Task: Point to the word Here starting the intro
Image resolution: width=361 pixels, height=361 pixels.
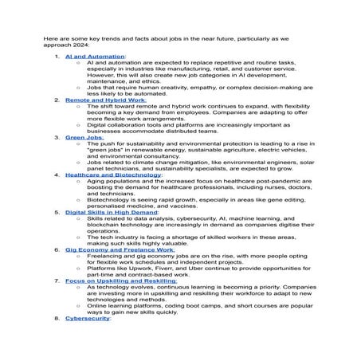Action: (x=52, y=37)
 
